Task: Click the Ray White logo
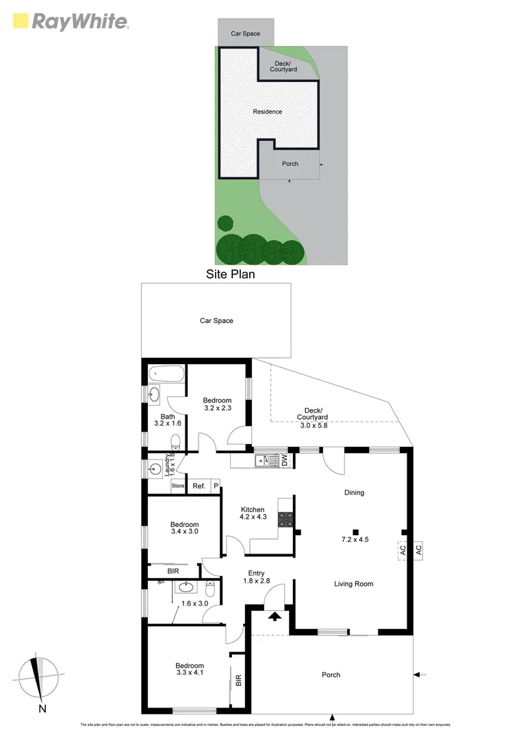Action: [71, 21]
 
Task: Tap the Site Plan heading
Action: [230, 274]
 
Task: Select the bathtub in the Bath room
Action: [166, 374]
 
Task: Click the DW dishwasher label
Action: [285, 463]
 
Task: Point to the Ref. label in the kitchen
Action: [199, 486]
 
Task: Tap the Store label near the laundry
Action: [178, 486]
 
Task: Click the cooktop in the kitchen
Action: [286, 519]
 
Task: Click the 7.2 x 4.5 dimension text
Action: [355, 539]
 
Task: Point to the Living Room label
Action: [353, 584]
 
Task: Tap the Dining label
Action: [354, 492]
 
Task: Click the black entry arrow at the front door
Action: [274, 617]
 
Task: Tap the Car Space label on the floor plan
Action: [216, 320]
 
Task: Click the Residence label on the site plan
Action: [267, 112]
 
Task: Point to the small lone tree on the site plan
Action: [225, 223]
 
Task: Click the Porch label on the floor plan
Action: [331, 675]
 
